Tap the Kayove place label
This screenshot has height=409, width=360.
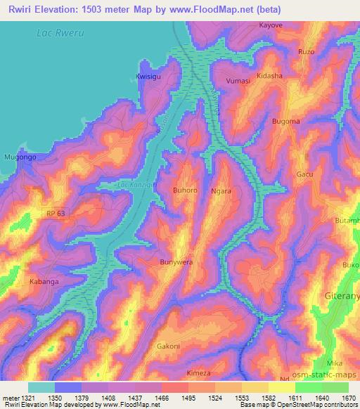tap(271, 25)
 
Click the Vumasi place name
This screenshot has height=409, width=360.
tap(238, 82)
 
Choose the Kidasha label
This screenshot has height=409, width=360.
tap(269, 75)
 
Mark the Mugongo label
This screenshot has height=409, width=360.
tap(19, 157)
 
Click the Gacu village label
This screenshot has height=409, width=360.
tap(304, 174)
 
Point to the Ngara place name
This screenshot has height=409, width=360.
tap(221, 190)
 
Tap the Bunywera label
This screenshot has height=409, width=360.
tap(176, 261)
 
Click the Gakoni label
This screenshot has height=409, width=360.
tap(168, 346)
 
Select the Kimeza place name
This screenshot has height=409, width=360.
tap(199, 373)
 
